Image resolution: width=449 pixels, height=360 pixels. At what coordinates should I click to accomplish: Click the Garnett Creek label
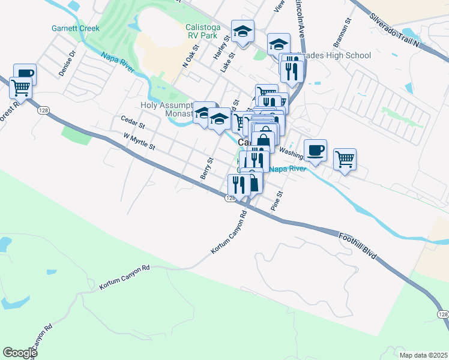(76, 28)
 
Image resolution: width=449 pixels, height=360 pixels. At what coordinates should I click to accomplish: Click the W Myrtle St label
(139, 142)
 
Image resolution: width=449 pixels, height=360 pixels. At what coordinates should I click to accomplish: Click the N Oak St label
(189, 58)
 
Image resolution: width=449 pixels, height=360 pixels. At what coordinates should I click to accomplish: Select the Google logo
(20, 353)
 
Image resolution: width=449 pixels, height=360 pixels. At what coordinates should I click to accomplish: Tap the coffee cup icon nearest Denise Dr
(25, 74)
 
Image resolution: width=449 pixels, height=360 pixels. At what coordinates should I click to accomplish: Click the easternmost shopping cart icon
(345, 159)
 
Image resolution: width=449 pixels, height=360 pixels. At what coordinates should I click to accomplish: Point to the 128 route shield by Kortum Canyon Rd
(231, 197)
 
